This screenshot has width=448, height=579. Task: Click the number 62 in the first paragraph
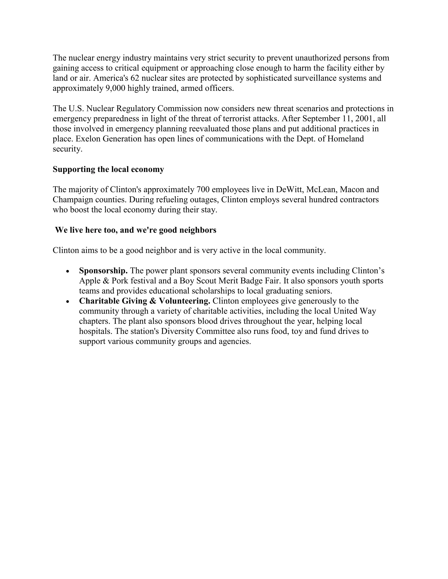135,78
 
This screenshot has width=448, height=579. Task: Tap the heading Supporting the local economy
108,169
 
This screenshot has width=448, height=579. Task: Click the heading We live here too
136,230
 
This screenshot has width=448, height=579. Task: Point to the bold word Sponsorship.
103,271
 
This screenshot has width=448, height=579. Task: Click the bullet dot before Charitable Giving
68,302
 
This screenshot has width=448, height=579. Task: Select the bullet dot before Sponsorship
68,271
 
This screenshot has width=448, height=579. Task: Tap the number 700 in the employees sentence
203,190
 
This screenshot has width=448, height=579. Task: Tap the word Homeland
346,139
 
